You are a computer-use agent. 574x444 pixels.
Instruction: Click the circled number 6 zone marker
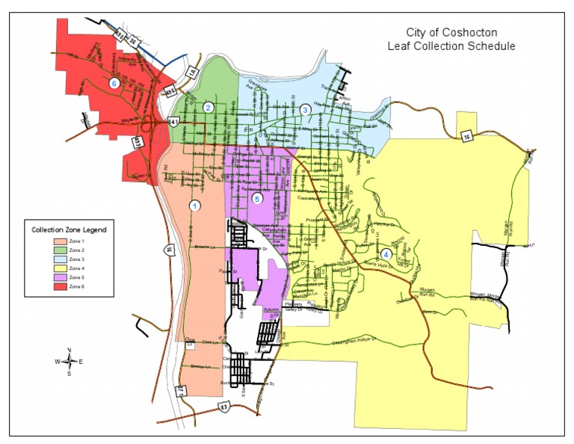pos(114,84)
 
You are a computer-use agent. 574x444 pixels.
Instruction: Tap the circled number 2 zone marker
pos(209,108)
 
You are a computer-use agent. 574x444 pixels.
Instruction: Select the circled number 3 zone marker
pos(305,110)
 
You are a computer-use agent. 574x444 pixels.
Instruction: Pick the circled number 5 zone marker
pos(258,198)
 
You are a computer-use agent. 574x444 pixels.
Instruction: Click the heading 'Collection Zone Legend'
pos(68,229)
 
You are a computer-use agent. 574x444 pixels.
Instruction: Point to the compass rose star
pos(70,362)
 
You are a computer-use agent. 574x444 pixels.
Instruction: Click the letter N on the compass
pos(70,351)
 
